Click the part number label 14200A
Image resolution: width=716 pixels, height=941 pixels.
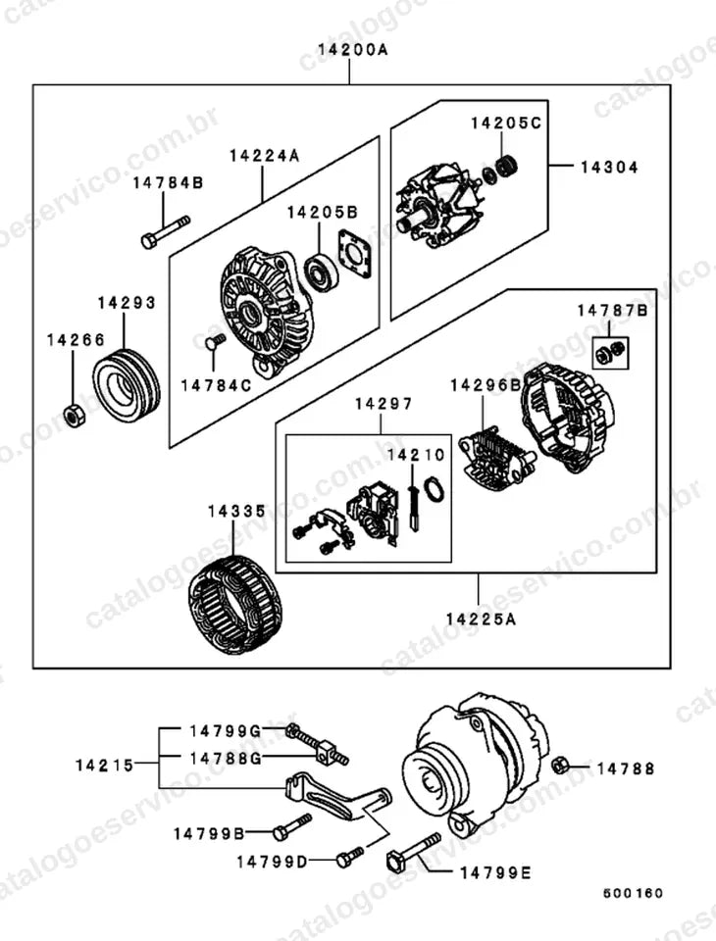click(x=352, y=49)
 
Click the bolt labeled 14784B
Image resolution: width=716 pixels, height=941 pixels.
click(x=165, y=232)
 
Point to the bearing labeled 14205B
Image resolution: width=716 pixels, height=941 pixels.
click(x=322, y=272)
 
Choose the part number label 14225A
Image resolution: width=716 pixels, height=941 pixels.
click(x=482, y=619)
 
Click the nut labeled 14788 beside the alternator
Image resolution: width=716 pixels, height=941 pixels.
click(x=560, y=766)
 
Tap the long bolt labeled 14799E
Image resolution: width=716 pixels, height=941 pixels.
click(x=414, y=850)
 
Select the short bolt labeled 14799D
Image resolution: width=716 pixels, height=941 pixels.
click(x=349, y=857)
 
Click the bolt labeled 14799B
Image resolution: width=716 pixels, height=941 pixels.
click(x=292, y=826)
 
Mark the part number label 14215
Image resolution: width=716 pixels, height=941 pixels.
click(x=105, y=766)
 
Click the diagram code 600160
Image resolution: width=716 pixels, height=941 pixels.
click(x=633, y=894)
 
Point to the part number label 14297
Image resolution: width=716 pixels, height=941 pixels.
click(x=384, y=404)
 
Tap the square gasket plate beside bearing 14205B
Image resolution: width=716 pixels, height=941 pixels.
click(x=355, y=255)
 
